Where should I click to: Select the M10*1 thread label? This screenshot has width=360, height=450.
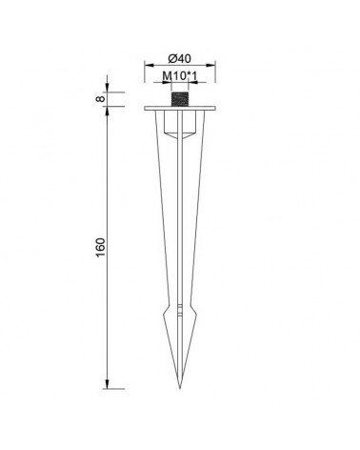coord(181,77)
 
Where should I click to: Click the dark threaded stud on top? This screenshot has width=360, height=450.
coord(180,99)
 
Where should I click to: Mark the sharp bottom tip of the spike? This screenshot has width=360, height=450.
coord(179,388)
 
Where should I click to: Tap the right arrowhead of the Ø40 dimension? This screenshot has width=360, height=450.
coord(215,66)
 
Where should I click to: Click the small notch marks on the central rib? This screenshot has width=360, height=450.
coord(180,311)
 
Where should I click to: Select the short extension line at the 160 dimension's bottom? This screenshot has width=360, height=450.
coord(115,388)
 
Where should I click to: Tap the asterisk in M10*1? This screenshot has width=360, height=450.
coord(187,76)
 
